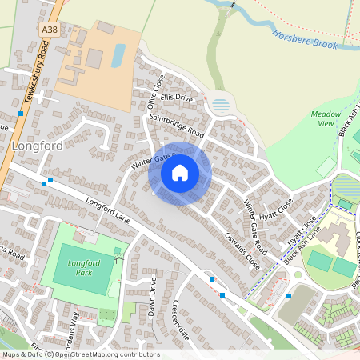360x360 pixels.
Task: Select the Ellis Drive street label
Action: tap(177, 98)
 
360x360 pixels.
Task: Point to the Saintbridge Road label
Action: tap(177, 126)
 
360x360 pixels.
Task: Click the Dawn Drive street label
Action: tap(152, 296)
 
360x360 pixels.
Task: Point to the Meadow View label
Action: tap(326, 119)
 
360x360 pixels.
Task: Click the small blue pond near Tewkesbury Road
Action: tap(118, 54)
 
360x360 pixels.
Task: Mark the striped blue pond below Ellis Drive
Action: tap(222, 105)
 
